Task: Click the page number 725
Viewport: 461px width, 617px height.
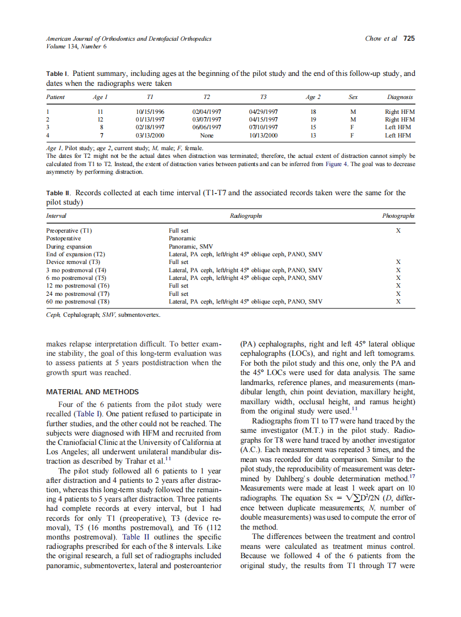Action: pyautogui.click(x=409, y=38)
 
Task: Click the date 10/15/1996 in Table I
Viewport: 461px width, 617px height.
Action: pyautogui.click(x=150, y=112)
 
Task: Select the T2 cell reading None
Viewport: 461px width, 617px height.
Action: pyautogui.click(x=207, y=135)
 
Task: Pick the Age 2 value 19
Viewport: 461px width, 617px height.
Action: pyautogui.click(x=313, y=119)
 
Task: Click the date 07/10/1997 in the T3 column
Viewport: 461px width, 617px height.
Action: pyautogui.click(x=264, y=127)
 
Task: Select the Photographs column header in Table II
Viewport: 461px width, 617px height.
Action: pyautogui.click(x=398, y=216)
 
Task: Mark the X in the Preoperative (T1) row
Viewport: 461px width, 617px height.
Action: pyautogui.click(x=398, y=231)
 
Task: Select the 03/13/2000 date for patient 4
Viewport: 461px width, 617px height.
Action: pyautogui.click(x=150, y=135)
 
